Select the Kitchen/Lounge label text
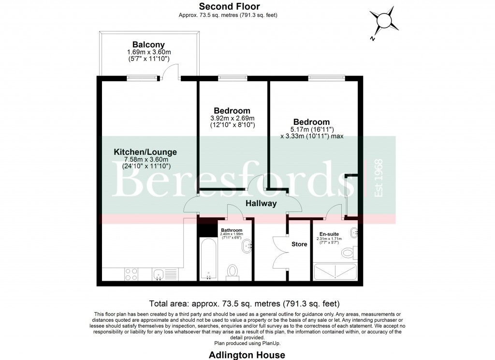click(x=145, y=152)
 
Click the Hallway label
click(x=261, y=204)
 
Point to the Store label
click(x=299, y=244)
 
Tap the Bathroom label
click(x=232, y=230)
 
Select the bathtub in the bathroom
click(x=208, y=258)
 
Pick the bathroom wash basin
click(x=248, y=246)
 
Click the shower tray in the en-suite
click(x=335, y=272)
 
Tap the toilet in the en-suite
click(x=349, y=253)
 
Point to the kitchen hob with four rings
click(x=131, y=274)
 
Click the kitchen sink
click(x=158, y=275)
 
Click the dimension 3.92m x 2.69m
click(x=233, y=118)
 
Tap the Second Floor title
click(x=230, y=7)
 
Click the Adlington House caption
click(x=247, y=355)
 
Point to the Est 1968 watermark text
click(x=379, y=178)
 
